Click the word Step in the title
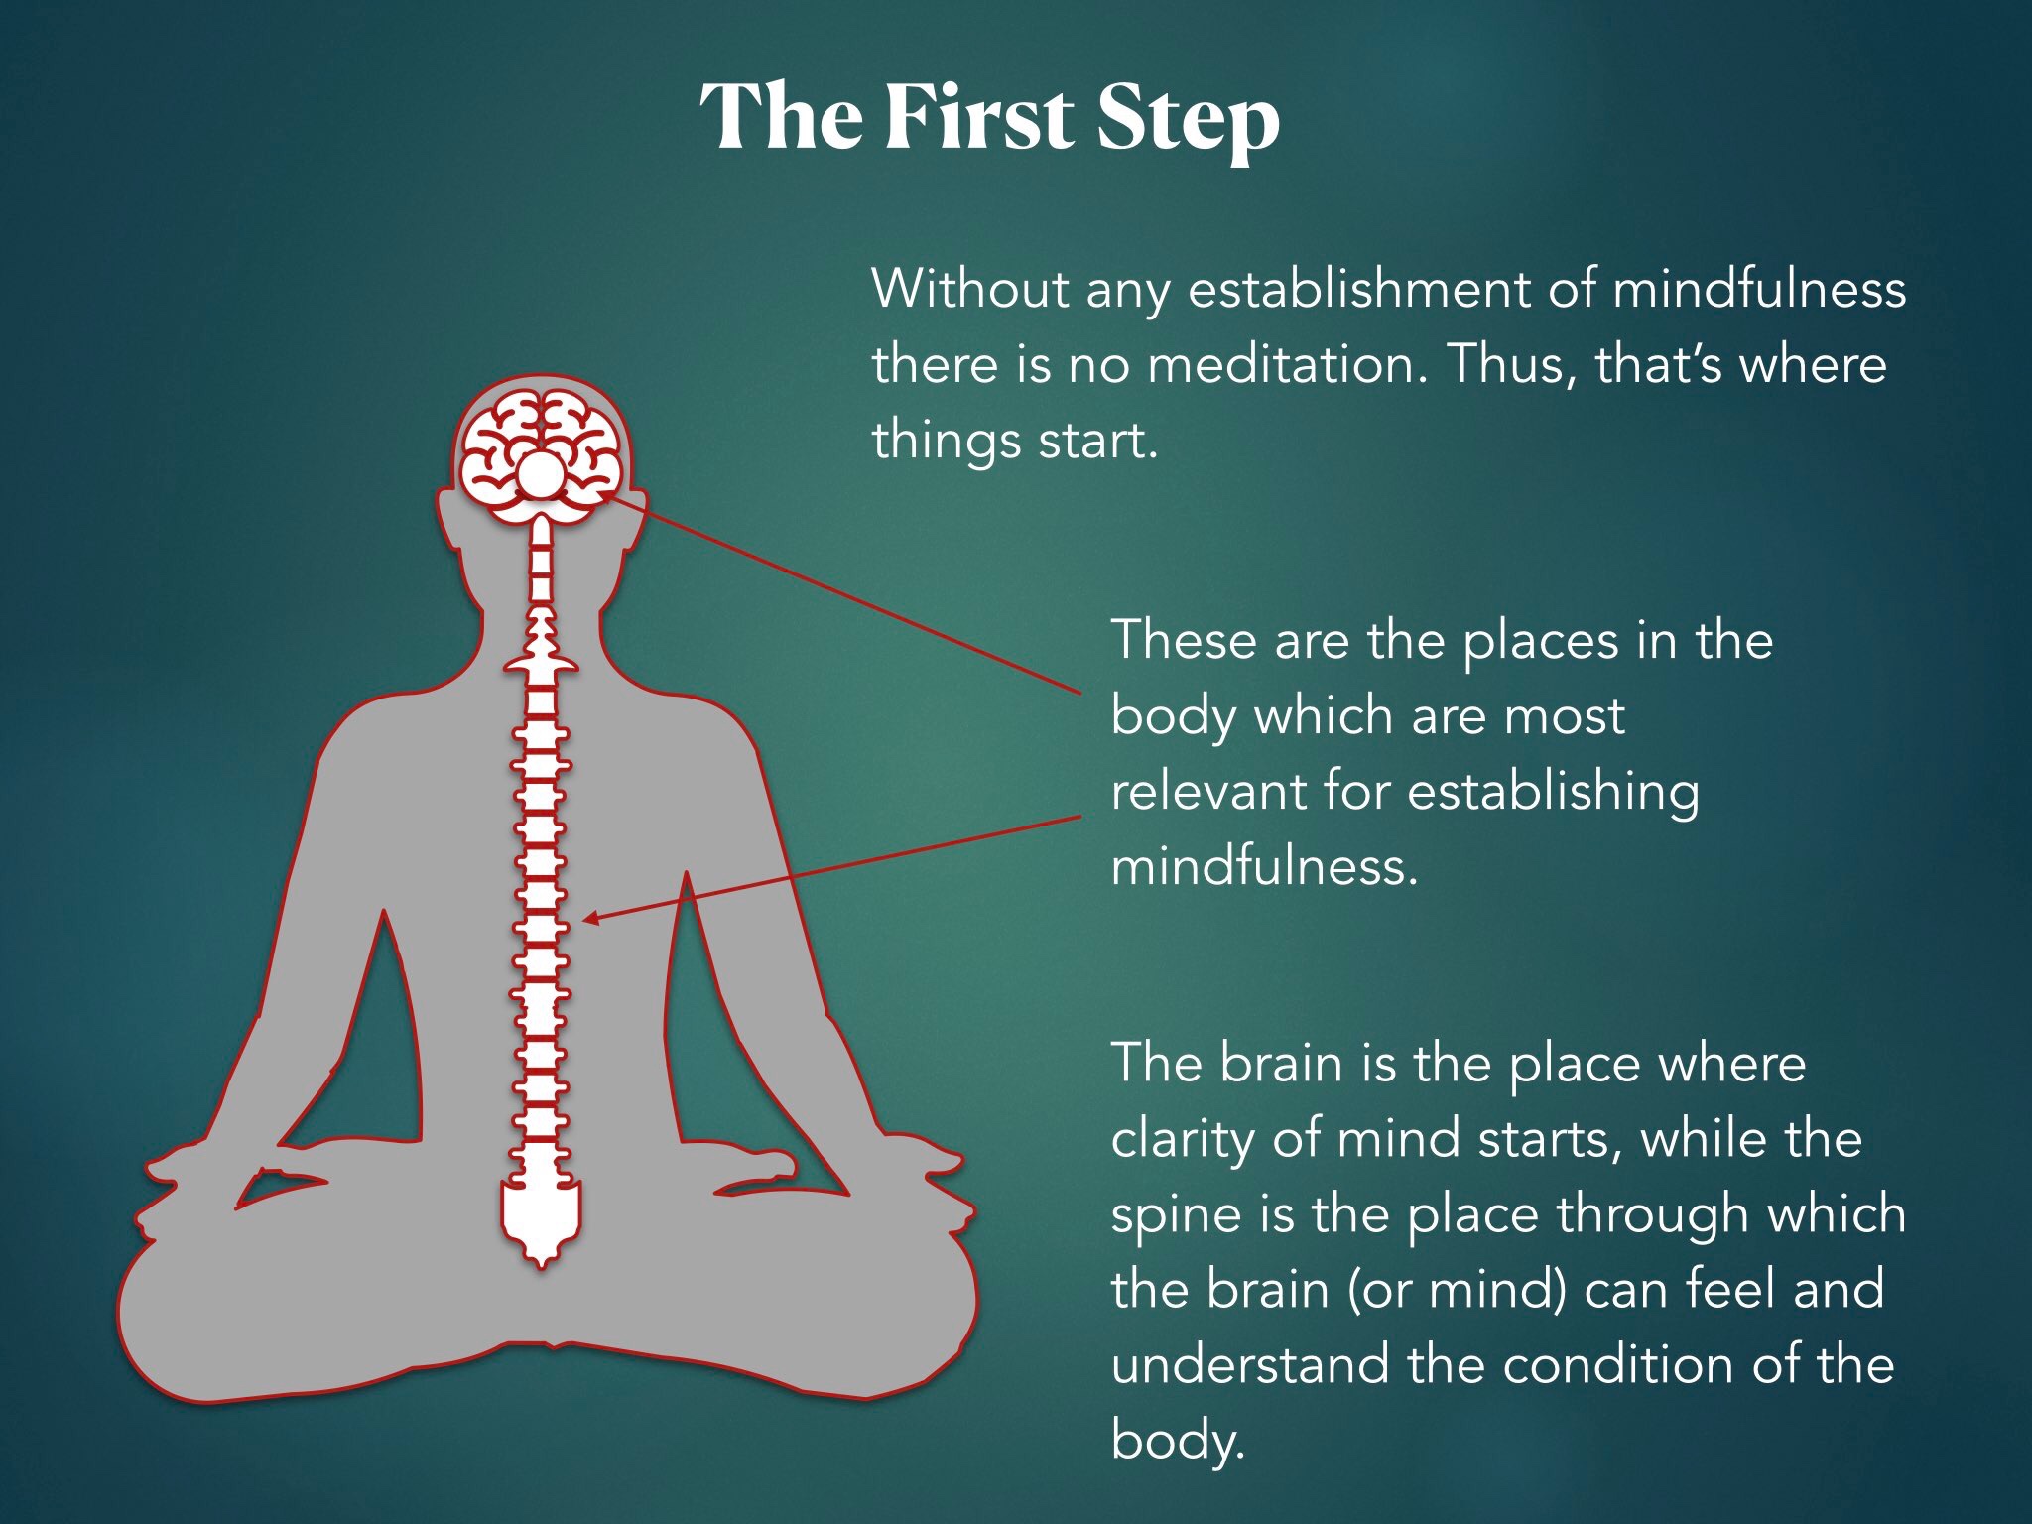(x=1188, y=118)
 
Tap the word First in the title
(x=977, y=116)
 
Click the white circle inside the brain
(x=541, y=475)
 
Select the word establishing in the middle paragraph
(x=1552, y=793)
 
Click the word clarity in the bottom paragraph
(x=1182, y=1139)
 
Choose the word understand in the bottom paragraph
(x=1249, y=1364)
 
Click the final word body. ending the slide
(x=1177, y=1441)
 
